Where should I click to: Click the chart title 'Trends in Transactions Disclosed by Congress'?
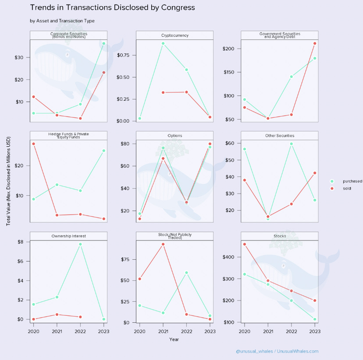(112, 8)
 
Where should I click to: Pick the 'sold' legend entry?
(347, 188)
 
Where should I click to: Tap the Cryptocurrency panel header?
(174, 35)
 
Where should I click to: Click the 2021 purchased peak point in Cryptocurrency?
(163, 43)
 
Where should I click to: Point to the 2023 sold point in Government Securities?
(315, 43)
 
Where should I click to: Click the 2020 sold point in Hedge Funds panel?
(34, 144)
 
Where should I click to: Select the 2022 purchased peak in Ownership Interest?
(81, 244)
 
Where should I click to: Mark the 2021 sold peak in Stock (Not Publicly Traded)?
(163, 244)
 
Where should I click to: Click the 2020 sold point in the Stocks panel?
(245, 244)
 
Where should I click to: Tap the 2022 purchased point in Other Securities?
(292, 144)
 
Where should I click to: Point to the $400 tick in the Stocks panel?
(232, 257)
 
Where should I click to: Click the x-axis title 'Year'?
(174, 339)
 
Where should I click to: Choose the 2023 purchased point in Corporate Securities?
(104, 43)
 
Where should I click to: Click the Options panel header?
(174, 136)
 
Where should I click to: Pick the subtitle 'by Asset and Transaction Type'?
(62, 21)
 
